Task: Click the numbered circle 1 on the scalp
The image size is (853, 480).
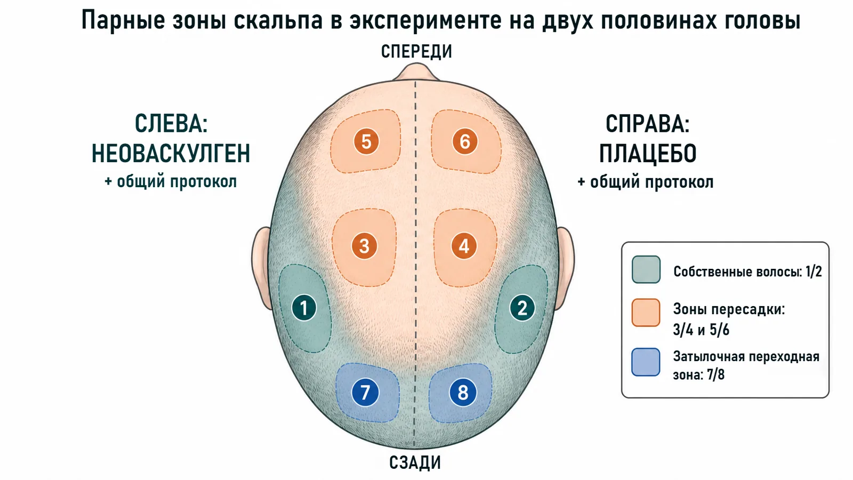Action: click(x=304, y=308)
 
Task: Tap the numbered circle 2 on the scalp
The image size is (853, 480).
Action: click(x=522, y=308)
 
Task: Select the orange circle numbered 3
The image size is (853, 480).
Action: click(x=365, y=246)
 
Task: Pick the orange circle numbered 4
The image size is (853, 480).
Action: click(x=464, y=246)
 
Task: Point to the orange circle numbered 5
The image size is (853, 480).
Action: click(x=366, y=142)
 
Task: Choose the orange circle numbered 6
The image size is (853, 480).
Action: click(x=465, y=142)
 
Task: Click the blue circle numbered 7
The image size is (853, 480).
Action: click(x=365, y=393)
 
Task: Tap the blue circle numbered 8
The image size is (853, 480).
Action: click(x=463, y=393)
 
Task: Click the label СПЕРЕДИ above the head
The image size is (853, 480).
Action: click(x=416, y=51)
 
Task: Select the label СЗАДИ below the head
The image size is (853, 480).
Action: click(x=415, y=462)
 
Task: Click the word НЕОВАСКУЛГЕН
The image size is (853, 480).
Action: click(x=171, y=154)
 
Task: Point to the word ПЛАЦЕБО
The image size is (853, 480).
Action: click(x=648, y=154)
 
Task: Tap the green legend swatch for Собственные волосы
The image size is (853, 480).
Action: click(x=646, y=269)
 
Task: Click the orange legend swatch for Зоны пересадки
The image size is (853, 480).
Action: click(x=646, y=313)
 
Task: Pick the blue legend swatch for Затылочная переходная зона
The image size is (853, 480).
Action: click(x=646, y=362)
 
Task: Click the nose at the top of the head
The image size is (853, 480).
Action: click(x=416, y=73)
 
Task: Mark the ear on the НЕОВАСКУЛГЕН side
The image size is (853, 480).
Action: click(x=261, y=267)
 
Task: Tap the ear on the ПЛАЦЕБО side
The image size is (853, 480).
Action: click(x=565, y=267)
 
